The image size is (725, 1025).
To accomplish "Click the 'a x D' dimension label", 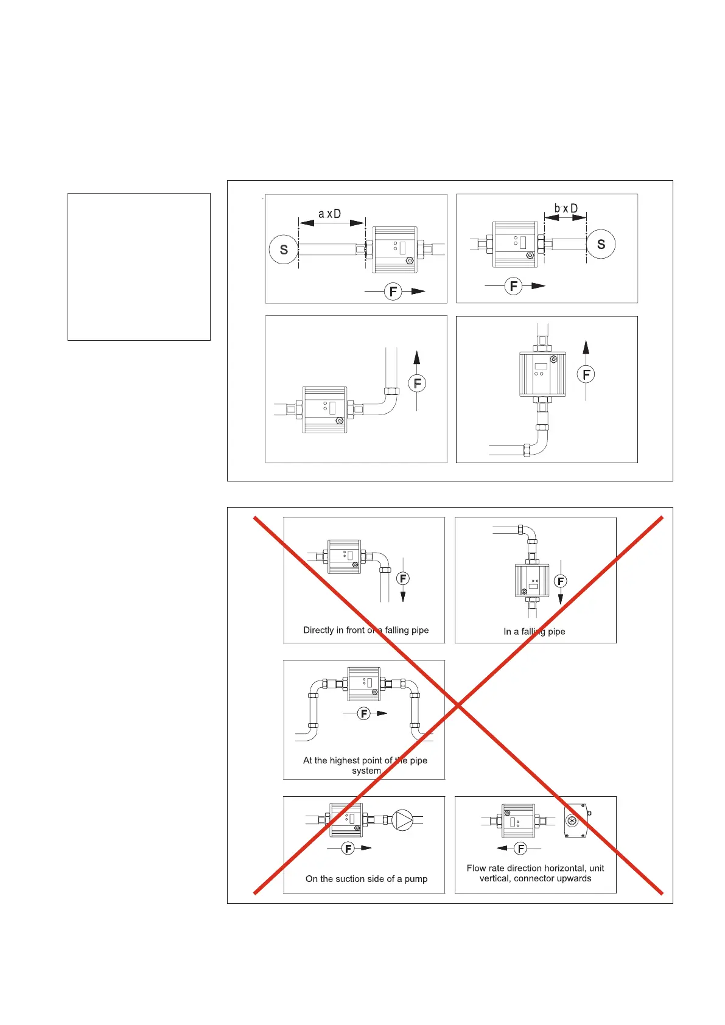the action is [330, 214].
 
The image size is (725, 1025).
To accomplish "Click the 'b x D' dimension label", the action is [566, 209].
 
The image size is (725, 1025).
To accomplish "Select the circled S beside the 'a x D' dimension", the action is [284, 250].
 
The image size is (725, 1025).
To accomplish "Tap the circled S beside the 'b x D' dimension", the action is [601, 244].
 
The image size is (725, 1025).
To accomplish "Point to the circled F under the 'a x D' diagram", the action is [393, 292].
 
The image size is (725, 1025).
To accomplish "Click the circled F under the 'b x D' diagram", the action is [514, 285].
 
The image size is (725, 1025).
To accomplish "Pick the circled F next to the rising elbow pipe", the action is [417, 383].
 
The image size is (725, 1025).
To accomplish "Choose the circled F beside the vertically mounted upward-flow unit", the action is [586, 374].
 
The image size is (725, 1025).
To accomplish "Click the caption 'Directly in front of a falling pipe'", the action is [366, 630].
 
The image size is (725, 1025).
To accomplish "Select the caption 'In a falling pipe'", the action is [534, 631].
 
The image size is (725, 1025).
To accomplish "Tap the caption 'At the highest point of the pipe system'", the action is [365, 765].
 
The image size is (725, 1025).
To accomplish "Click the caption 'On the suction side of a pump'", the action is [366, 878].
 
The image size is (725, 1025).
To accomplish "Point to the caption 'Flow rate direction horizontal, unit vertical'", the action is [535, 873].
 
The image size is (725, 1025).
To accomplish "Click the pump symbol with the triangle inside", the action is [402, 820].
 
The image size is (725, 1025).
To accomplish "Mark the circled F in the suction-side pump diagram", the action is [348, 848].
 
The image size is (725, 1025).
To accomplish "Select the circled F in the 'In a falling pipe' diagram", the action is [561, 581].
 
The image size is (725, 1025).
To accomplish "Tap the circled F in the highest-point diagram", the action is [364, 713].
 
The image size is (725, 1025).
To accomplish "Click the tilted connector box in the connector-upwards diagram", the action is [575, 820].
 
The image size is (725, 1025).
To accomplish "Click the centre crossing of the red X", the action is [458, 705].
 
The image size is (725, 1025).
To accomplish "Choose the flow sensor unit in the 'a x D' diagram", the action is [394, 249].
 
